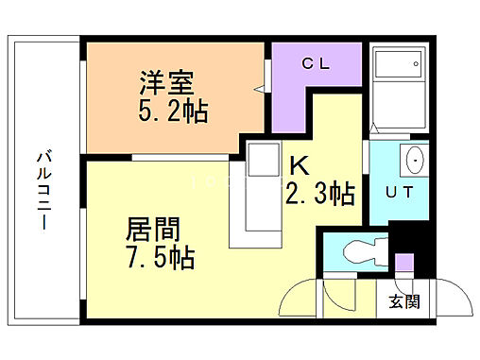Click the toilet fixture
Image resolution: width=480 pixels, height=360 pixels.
click(360, 252)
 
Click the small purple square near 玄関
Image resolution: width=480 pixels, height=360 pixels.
click(403, 262)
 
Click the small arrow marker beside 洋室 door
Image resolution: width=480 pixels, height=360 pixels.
click(258, 91)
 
